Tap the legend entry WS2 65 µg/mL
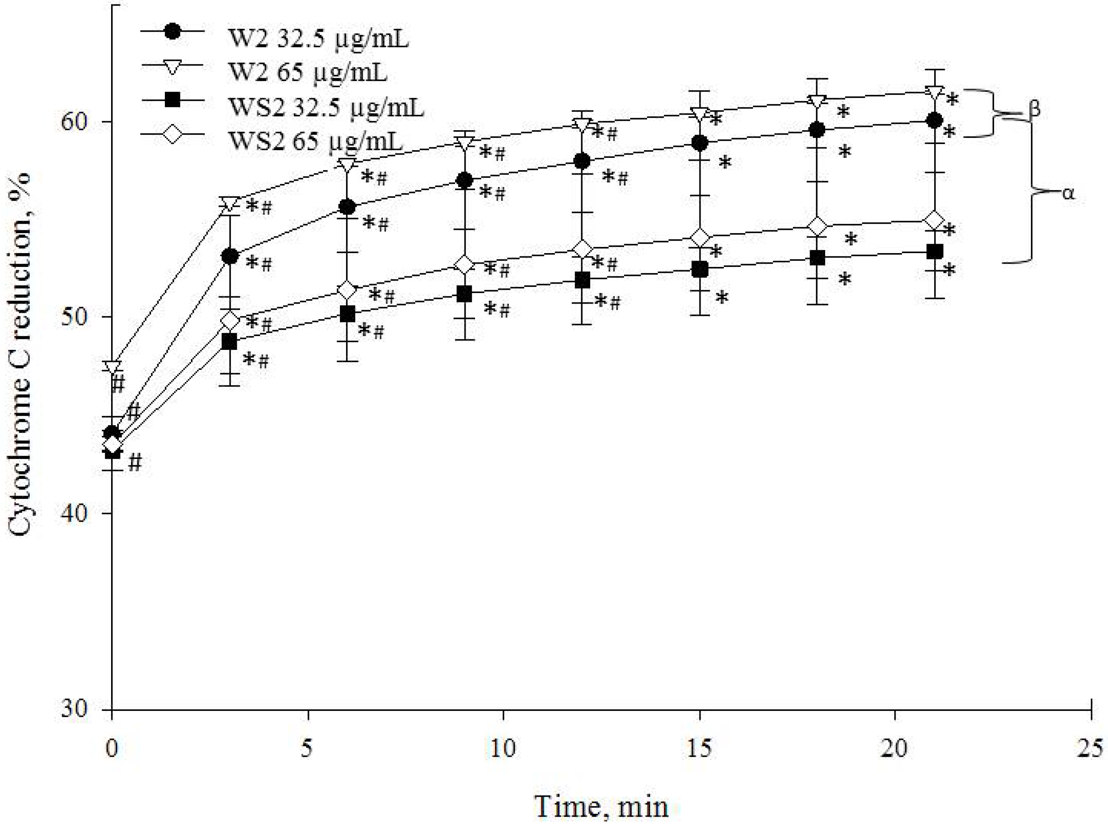pyautogui.click(x=315, y=141)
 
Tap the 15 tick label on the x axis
pyautogui.click(x=699, y=749)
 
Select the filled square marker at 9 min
pyautogui.click(x=465, y=294)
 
